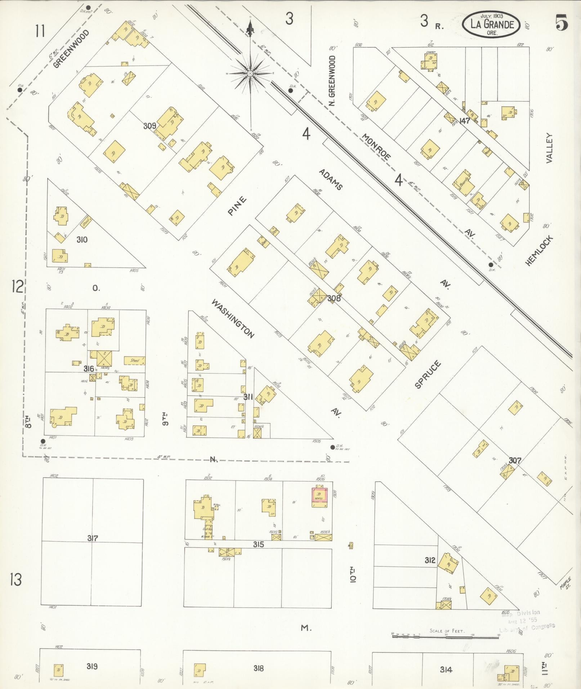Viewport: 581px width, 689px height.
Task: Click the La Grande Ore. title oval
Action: coord(492,24)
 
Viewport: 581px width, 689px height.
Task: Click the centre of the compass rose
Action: coord(250,73)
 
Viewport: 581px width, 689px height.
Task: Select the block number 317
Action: coord(93,538)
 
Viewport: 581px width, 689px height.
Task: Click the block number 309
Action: coord(149,126)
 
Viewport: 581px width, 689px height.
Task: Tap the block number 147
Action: coord(465,121)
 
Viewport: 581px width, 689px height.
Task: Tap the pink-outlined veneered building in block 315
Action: coord(319,496)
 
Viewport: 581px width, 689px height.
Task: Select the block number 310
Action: coord(82,240)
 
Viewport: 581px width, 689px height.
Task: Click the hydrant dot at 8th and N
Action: coord(43,441)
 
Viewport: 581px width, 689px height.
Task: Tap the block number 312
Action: coord(430,560)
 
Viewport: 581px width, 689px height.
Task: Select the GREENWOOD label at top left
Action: coord(71,49)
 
